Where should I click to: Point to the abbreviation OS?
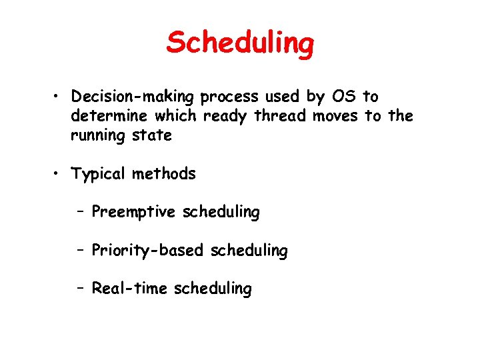click(x=344, y=97)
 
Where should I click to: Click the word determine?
click(x=110, y=116)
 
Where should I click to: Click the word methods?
click(x=164, y=175)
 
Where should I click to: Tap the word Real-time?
click(x=129, y=289)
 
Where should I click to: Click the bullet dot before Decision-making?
click(x=60, y=97)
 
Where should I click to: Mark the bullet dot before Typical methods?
click(x=60, y=175)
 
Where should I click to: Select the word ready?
click(x=225, y=116)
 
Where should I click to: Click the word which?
click(x=175, y=116)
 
